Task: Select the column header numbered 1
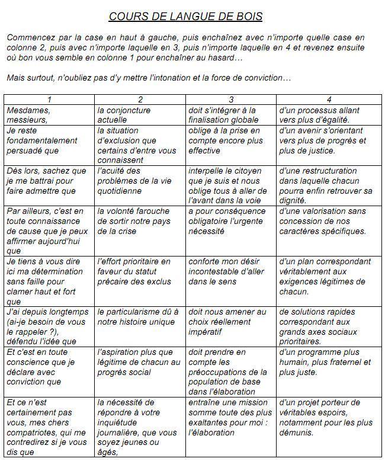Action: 49,100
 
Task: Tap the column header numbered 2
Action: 140,100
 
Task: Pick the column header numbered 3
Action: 231,100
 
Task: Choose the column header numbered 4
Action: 329,100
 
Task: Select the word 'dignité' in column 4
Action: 294,201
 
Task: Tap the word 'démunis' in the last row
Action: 296,432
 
